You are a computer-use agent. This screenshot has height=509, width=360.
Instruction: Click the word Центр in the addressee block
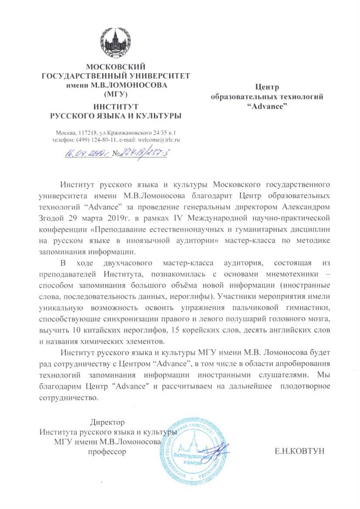click(267, 88)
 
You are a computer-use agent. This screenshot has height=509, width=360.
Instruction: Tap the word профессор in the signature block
click(107, 452)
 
